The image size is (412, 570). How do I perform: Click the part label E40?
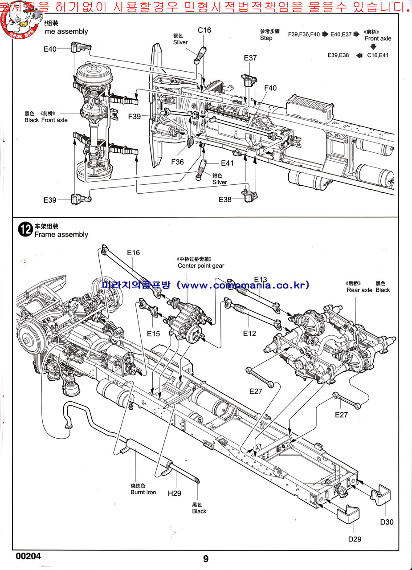[x=50, y=49]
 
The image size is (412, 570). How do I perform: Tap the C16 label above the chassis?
[x=204, y=30]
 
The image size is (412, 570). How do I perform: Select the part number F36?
[x=177, y=162]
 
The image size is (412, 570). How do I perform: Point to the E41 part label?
[x=227, y=163]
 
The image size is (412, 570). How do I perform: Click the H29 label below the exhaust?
[x=175, y=493]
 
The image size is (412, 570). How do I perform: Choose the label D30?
[x=387, y=522]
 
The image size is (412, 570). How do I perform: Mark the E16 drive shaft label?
[x=133, y=252]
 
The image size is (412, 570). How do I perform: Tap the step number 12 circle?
[x=24, y=230]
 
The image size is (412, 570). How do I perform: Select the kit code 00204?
[x=28, y=556]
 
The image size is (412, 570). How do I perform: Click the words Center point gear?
[x=201, y=266]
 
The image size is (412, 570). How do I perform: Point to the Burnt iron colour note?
[x=143, y=492]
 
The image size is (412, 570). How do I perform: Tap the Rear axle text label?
[x=359, y=290]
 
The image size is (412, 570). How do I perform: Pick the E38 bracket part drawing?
[x=249, y=195]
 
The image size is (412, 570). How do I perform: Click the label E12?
[x=249, y=333]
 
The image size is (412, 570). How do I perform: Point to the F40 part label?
[x=270, y=88]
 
